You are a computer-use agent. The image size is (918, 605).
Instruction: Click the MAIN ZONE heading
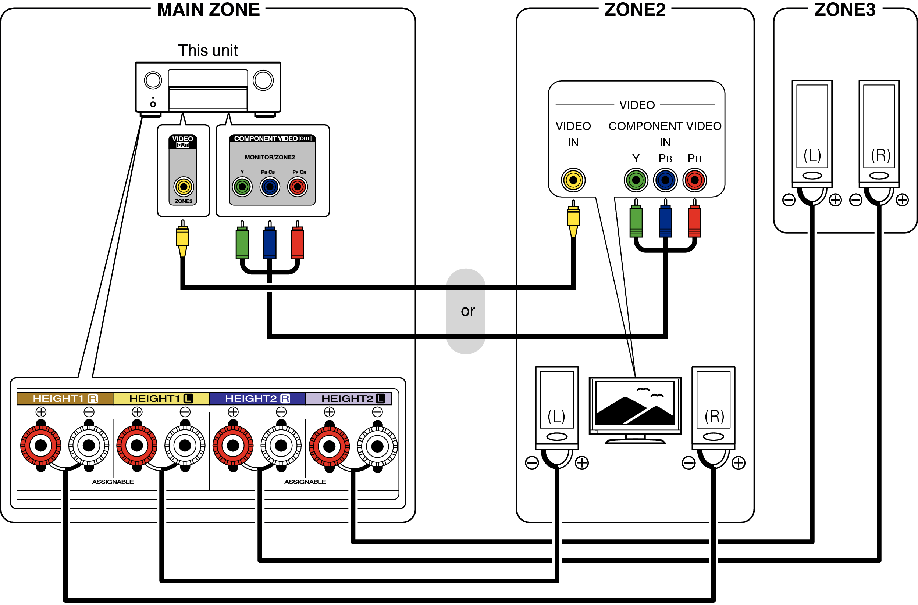[x=208, y=10]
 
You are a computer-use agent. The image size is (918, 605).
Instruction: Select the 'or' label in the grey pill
[x=467, y=311]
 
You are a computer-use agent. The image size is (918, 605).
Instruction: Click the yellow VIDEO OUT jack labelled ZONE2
[x=184, y=187]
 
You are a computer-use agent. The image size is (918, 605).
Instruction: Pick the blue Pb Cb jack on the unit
[x=270, y=187]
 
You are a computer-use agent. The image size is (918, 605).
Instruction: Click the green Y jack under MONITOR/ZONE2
[x=242, y=187]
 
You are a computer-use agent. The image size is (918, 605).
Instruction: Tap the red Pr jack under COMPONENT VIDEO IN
[x=694, y=180]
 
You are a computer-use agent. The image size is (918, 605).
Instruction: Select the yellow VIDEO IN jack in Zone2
[x=573, y=180]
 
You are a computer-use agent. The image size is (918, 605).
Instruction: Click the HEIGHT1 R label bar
[x=65, y=399]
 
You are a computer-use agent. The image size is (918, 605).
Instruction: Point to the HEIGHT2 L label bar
[x=348, y=399]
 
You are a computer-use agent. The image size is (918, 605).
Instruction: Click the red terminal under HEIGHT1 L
[x=137, y=446]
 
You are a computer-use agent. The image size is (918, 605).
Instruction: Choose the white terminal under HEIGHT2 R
[x=281, y=446]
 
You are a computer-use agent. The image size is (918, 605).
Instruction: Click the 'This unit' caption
[x=208, y=51]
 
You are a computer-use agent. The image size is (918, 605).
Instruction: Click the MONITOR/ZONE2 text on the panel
[x=270, y=158]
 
